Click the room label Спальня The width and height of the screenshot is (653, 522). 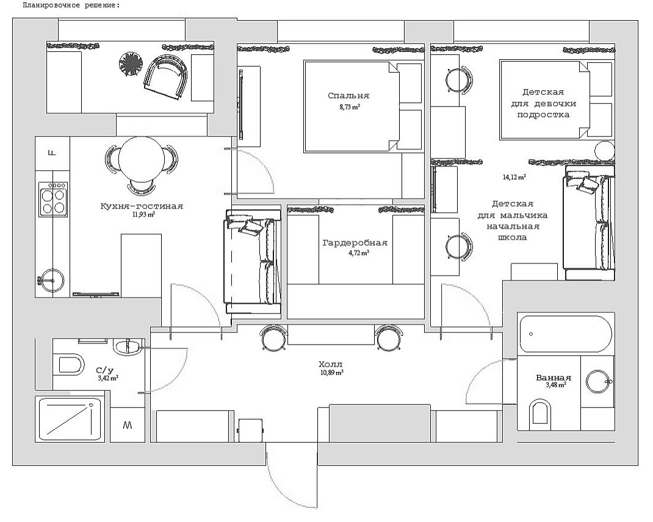click(348, 96)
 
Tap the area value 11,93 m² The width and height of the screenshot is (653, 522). click(143, 215)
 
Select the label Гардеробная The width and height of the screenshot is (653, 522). click(355, 243)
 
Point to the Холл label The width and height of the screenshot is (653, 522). click(331, 365)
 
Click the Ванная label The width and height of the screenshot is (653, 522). click(553, 378)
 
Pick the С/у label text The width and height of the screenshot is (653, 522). click(104, 371)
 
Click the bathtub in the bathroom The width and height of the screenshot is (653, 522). click(566, 334)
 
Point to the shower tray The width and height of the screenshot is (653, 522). click(70, 420)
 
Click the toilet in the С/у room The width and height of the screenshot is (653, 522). click(71, 365)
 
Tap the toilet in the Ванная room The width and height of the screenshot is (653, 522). click(540, 412)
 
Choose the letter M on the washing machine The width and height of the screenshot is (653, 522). click(128, 425)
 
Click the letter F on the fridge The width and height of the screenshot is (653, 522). click(52, 153)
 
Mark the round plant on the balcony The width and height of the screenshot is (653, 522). click(131, 63)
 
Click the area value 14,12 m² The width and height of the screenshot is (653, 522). click(514, 177)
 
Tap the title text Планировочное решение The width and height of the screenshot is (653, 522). click(71, 6)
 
